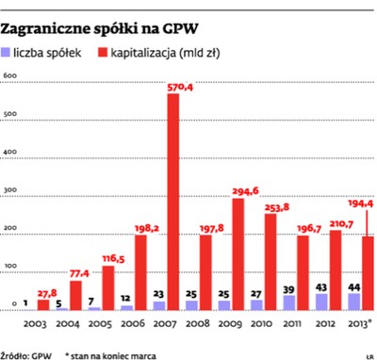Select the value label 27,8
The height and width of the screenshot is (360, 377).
(45, 293)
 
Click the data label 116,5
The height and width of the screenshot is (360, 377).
(111, 257)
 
